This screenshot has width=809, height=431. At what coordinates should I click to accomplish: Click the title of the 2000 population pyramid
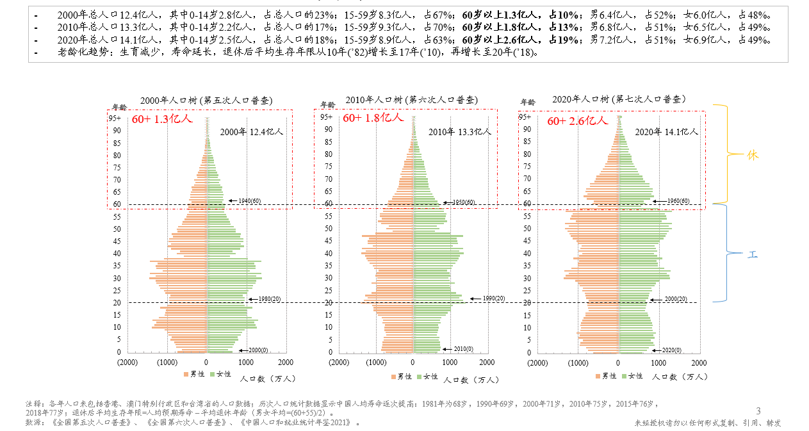[x=206, y=101]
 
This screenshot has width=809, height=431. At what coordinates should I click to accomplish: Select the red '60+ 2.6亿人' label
[x=576, y=120]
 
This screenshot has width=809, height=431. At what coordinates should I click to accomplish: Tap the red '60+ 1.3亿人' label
[x=162, y=119]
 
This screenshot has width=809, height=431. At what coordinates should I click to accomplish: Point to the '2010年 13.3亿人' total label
[x=460, y=132]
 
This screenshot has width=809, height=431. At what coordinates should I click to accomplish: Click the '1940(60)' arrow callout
[x=245, y=201]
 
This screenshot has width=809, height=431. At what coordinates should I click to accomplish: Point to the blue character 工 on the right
[x=753, y=254]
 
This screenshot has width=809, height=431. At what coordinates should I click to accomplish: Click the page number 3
[x=758, y=411]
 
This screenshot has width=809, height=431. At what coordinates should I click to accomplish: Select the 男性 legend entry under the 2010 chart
[x=401, y=377]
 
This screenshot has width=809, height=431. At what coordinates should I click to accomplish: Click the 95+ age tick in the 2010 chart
[x=327, y=117]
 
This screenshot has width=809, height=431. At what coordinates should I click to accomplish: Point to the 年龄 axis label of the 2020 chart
[x=528, y=102]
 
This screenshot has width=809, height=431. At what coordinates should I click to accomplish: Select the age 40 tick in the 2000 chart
[x=117, y=253]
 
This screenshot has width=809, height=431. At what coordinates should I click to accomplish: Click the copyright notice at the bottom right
[x=708, y=423]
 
